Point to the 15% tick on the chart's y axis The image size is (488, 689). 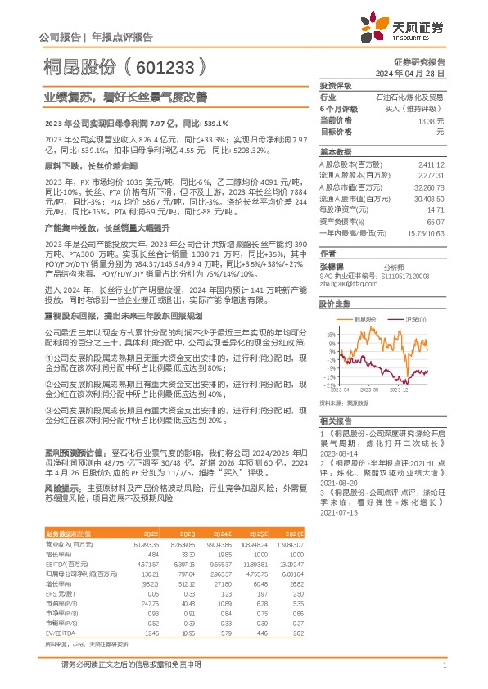tap(328, 335)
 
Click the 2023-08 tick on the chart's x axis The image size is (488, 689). tap(373, 390)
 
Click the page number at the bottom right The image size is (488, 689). tap(444, 666)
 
